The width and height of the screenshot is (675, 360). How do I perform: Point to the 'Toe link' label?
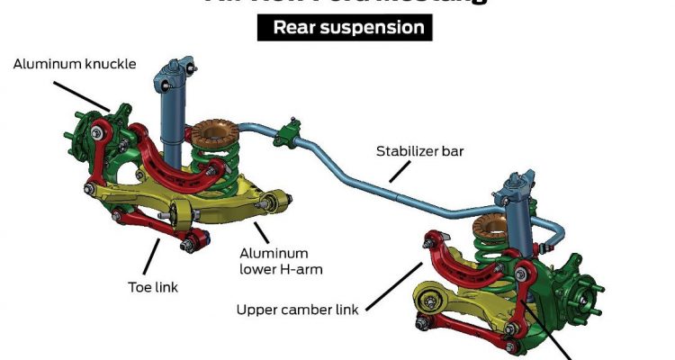click(x=152, y=288)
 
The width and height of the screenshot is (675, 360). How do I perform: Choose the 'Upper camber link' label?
click(x=298, y=310)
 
